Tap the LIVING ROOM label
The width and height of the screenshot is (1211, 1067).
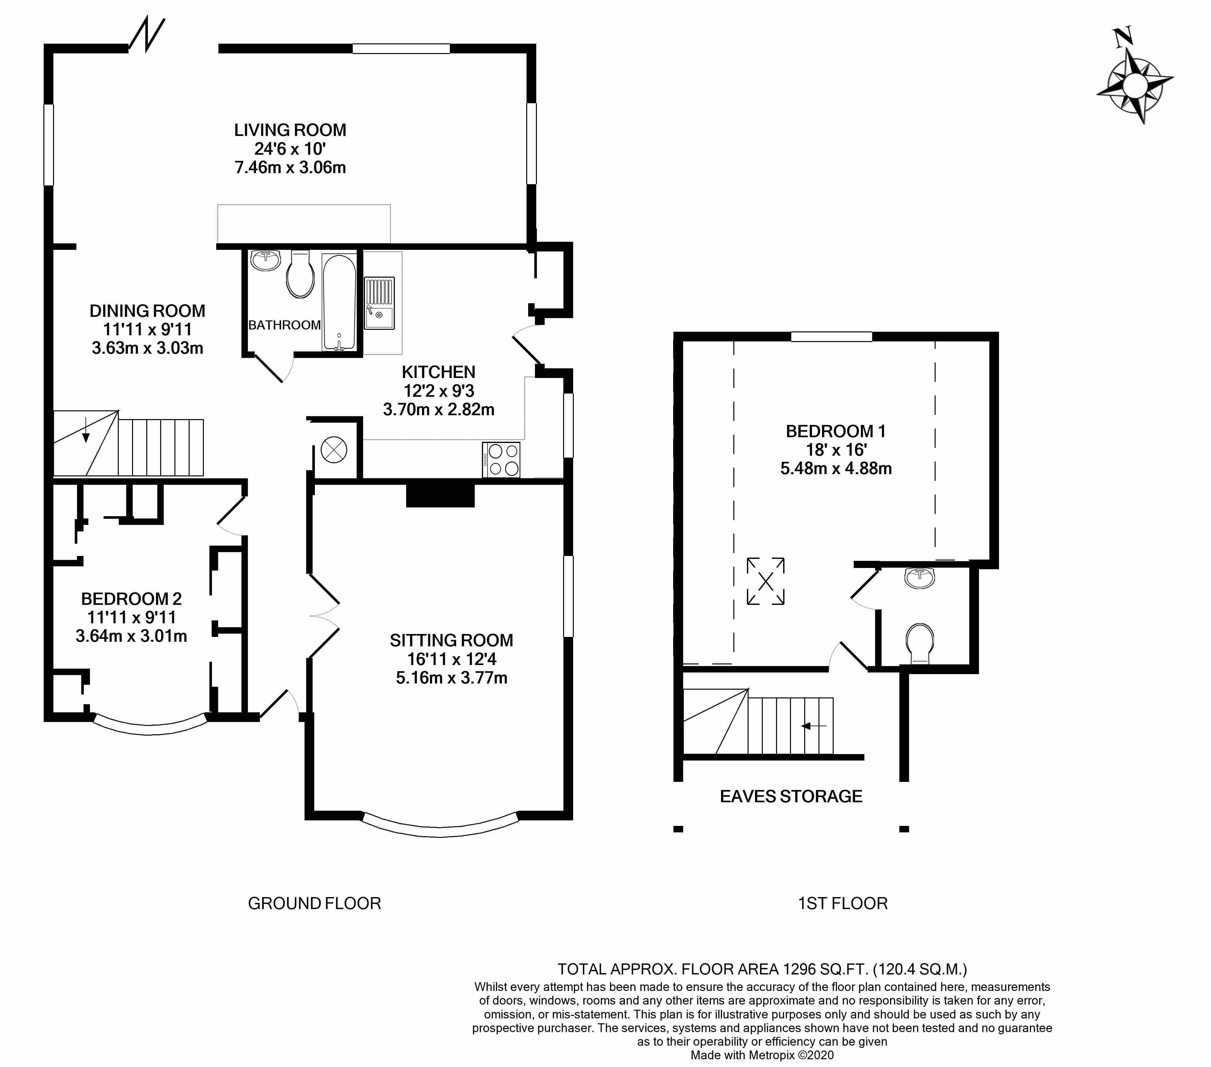pyautogui.click(x=290, y=130)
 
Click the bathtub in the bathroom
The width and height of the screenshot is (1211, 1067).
pyautogui.click(x=339, y=302)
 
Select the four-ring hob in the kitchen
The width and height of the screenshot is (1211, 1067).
pyautogui.click(x=501, y=460)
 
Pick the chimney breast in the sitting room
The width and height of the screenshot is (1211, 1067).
pyautogui.click(x=440, y=495)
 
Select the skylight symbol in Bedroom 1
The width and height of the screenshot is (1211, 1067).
pyautogui.click(x=765, y=581)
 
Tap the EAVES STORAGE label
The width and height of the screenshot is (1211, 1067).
pyautogui.click(x=791, y=796)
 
